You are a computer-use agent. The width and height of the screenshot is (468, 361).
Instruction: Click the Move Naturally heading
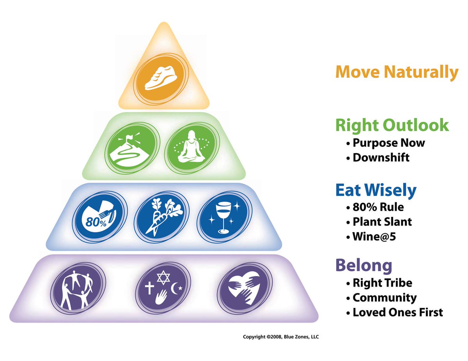[397, 72]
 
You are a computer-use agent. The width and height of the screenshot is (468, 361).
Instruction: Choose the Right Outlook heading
[392, 125]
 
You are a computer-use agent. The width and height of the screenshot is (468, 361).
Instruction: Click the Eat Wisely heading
[376, 190]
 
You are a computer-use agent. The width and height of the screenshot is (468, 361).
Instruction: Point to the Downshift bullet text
[380, 157]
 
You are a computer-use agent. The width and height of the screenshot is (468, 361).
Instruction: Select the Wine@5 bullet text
[374, 236]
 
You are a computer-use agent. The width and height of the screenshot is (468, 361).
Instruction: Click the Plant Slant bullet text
[382, 222]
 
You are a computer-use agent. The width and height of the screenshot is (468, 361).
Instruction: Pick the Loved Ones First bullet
[397, 312]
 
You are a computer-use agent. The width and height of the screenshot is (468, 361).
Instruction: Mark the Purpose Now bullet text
[388, 143]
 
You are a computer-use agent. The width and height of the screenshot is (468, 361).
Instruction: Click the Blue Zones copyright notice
[280, 336]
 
